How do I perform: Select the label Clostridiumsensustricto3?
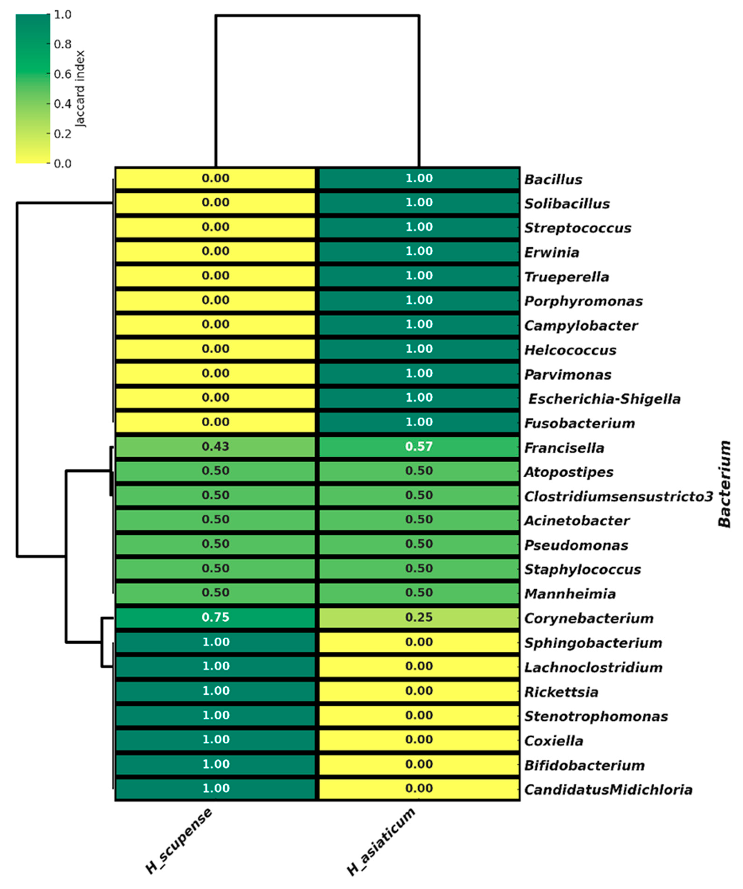pyautogui.click(x=618, y=496)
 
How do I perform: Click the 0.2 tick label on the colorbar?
pyautogui.click(x=62, y=134)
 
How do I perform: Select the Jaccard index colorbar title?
pyautogui.click(x=80, y=89)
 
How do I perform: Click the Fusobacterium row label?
pyautogui.click(x=579, y=423)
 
